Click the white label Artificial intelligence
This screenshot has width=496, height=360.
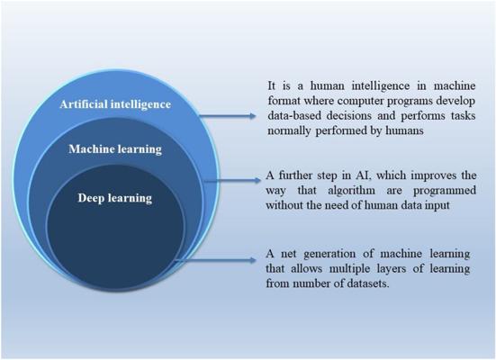[x=115, y=104]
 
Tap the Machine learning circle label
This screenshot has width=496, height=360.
[x=115, y=149]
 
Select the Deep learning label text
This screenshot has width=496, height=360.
[x=115, y=198]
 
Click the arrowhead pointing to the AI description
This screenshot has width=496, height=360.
[x=252, y=116]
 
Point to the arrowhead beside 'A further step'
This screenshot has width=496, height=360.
[x=257, y=181]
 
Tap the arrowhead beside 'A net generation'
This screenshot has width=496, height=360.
[x=252, y=260]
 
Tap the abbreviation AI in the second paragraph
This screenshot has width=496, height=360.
[x=360, y=175]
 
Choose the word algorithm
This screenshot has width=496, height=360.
[x=351, y=191]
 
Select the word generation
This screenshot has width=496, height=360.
[x=330, y=254]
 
